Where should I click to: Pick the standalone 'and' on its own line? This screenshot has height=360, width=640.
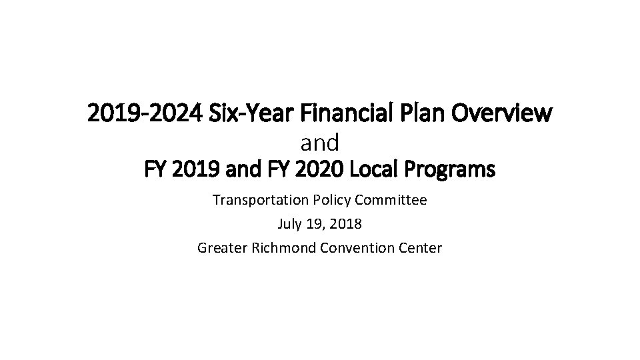[x=320, y=142]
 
